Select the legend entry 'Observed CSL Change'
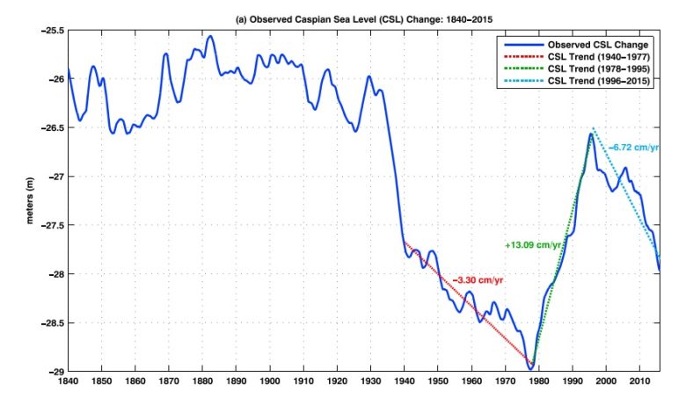click(x=598, y=44)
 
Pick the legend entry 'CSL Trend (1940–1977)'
click(x=597, y=56)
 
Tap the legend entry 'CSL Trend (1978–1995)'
click(x=597, y=69)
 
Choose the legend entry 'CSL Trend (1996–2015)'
click(x=597, y=81)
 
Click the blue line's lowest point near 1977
click(x=530, y=367)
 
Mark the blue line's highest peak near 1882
click(x=210, y=37)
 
